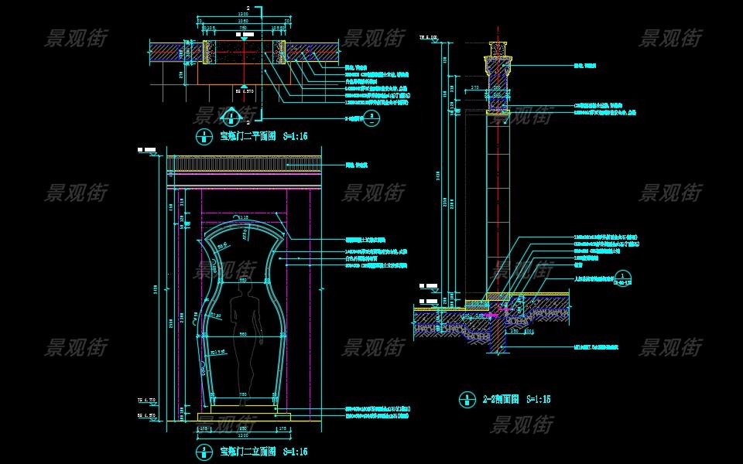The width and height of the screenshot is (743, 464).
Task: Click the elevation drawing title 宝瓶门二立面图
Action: pyautogui.click(x=247, y=451)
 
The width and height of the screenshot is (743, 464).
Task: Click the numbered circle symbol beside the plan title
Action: pyautogui.click(x=204, y=136)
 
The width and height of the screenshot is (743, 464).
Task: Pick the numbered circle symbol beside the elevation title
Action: pyautogui.click(x=204, y=451)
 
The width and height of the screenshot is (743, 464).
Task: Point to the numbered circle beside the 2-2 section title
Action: pyautogui.click(x=466, y=399)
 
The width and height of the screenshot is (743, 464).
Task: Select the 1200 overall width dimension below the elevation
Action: pyautogui.click(x=243, y=435)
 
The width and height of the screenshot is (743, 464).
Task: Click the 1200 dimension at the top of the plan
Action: pyautogui.click(x=243, y=15)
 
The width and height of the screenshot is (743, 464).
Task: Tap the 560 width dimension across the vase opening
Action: pyautogui.click(x=243, y=335)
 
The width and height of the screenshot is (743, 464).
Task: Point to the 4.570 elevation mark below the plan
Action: pyautogui.click(x=245, y=90)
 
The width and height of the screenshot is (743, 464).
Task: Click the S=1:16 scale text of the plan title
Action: pyautogui.click(x=295, y=135)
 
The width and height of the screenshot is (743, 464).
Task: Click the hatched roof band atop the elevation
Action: pyautogui.click(x=245, y=165)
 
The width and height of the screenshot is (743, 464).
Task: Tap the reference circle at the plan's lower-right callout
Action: pyautogui.click(x=371, y=119)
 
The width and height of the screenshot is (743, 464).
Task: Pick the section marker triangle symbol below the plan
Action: pyautogui.click(x=230, y=117)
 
